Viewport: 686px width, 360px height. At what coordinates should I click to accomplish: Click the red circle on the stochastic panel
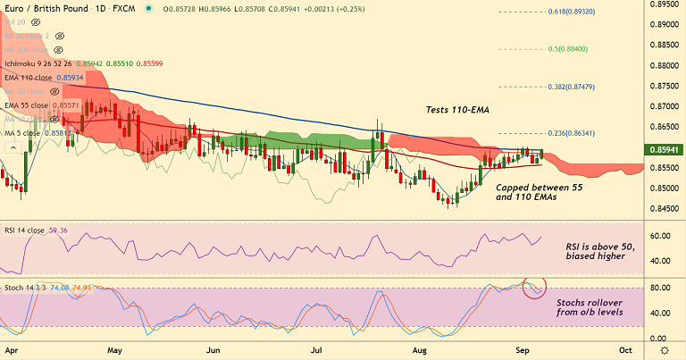pos(533,288)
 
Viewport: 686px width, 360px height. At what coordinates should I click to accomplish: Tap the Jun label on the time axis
pos(213,349)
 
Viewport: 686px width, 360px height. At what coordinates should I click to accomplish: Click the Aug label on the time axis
pos(420,349)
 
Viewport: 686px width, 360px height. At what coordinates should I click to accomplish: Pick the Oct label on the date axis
pos(625,349)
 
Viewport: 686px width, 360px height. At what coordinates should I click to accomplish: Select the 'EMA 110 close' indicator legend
pos(29,78)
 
